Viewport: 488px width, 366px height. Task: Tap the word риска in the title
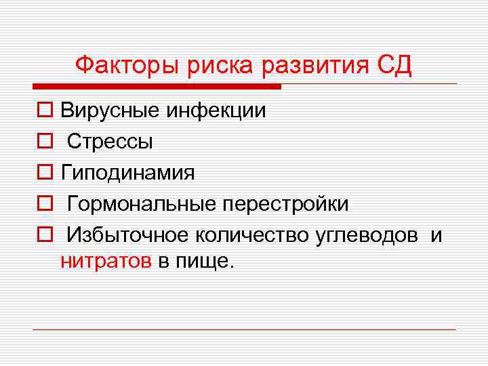tap(203, 66)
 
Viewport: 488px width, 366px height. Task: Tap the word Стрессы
tap(110, 142)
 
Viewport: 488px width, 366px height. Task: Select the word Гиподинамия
tap(127, 173)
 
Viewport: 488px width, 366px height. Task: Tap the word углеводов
tap(367, 235)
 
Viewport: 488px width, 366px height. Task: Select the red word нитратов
tap(106, 262)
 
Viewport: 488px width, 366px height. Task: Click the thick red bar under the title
tap(157, 87)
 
